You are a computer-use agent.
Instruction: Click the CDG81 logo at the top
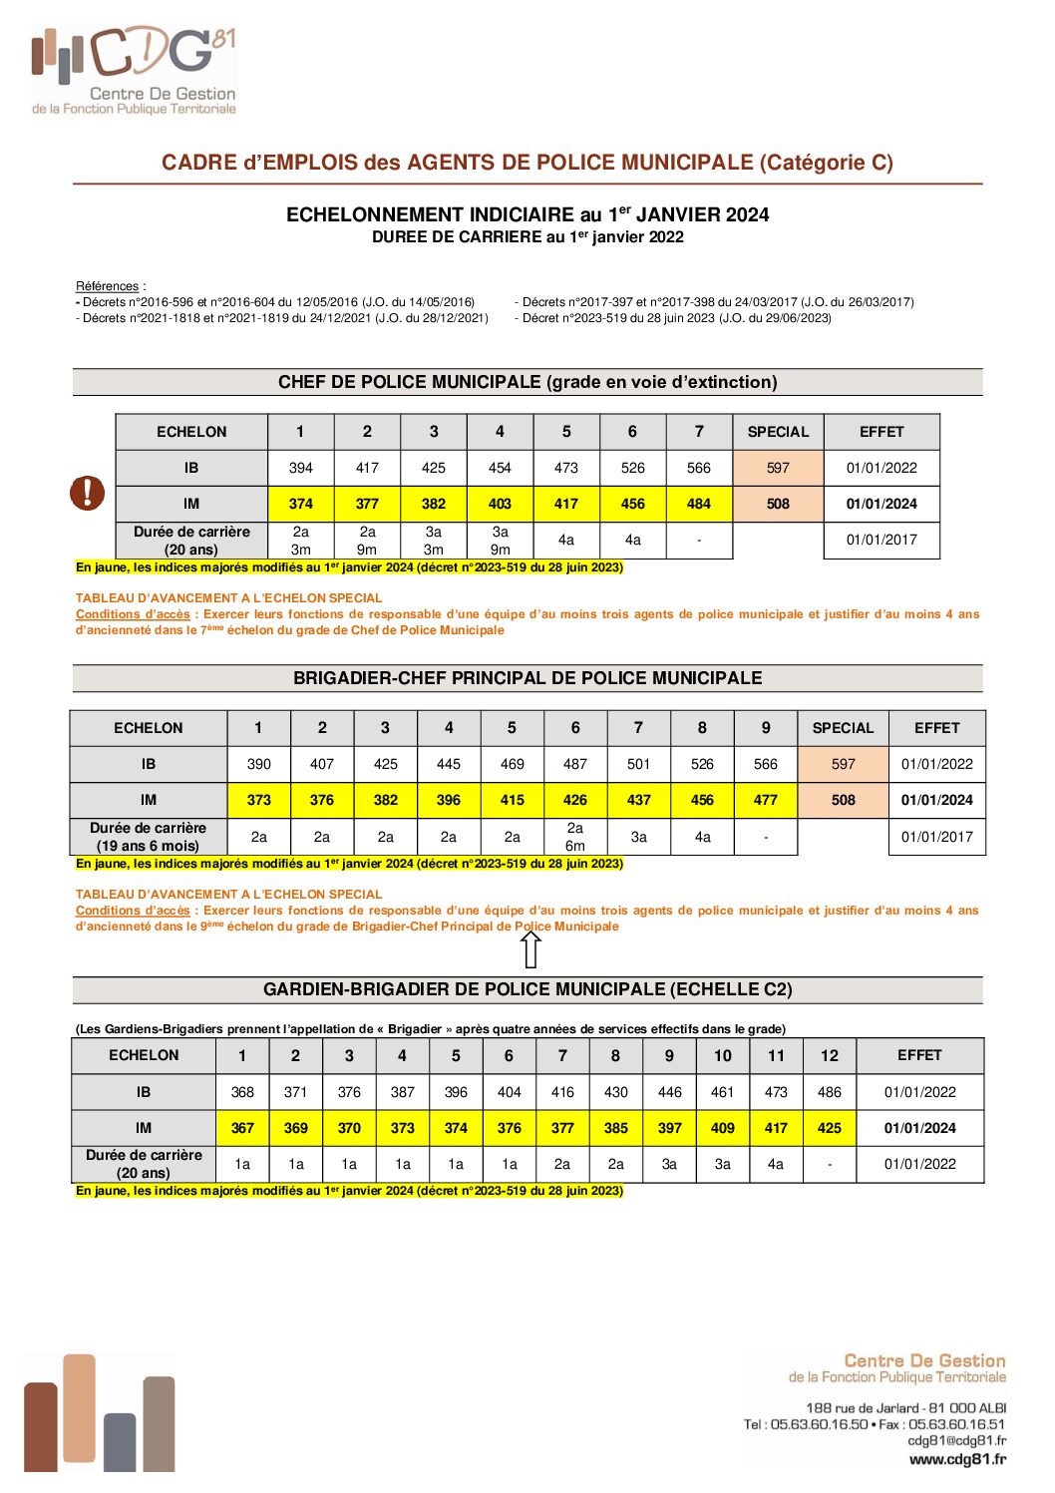tap(134, 70)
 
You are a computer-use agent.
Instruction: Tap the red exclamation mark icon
tap(88, 492)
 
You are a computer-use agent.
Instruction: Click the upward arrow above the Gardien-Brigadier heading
tap(530, 949)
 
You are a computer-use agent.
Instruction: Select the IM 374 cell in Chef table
tap(300, 504)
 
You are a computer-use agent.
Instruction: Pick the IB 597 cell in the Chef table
tap(778, 468)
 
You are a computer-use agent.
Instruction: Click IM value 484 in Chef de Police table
tap(699, 504)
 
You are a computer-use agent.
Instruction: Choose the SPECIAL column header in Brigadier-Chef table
tap(843, 728)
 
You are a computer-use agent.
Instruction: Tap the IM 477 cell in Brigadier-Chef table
tap(765, 800)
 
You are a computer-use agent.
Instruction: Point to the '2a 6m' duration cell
tap(575, 837)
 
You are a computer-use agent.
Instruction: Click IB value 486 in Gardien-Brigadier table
tap(829, 1092)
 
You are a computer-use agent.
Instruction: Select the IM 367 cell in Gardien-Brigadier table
tap(242, 1128)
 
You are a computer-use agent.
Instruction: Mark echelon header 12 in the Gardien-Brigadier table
tap(829, 1055)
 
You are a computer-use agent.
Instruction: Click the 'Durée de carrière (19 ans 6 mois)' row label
tap(148, 837)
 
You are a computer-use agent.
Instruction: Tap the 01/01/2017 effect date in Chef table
tap(881, 540)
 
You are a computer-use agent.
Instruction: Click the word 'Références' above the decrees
tap(108, 286)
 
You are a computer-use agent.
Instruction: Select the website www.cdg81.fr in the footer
tap(957, 1459)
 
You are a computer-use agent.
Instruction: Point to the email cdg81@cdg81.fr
tap(956, 1440)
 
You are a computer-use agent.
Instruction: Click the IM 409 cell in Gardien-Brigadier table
tap(722, 1128)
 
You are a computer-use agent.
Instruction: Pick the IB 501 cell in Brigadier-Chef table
tap(638, 764)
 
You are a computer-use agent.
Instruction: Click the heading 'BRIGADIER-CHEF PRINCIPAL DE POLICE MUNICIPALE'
tap(527, 678)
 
